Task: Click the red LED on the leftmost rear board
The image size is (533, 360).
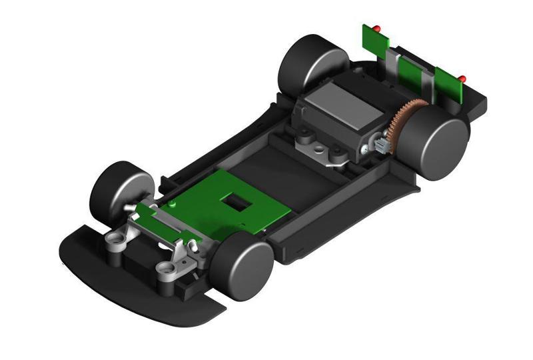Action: click(376, 28)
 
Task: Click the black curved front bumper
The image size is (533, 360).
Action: click(133, 280)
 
